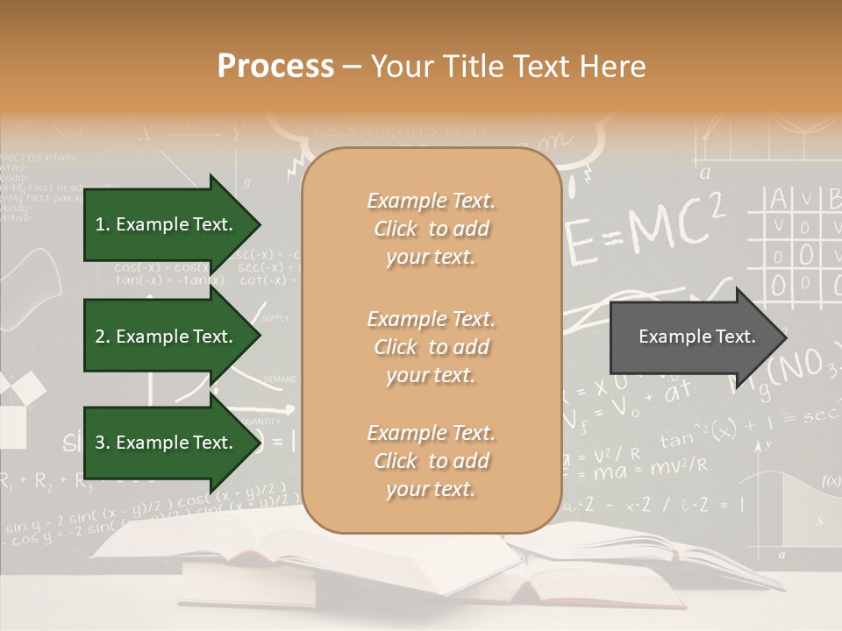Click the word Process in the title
click(275, 67)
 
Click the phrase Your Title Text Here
click(508, 67)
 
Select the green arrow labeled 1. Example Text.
click(167, 224)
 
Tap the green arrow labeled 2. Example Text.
click(167, 337)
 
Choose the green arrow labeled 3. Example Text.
click(167, 443)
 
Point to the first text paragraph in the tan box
click(431, 229)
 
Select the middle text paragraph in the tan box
click(431, 347)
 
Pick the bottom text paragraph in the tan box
click(431, 461)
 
